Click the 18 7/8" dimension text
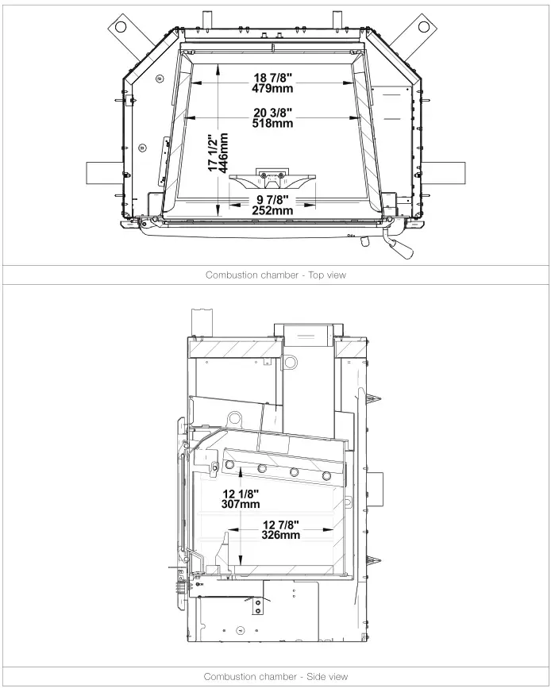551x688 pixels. pos(273,77)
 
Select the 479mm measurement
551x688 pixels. pos(273,88)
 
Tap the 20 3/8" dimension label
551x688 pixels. pos(273,112)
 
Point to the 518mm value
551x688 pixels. pos(273,123)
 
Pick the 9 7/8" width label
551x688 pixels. pos(272,199)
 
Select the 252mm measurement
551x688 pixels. pos(272,210)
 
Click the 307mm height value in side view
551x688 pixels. pos(240,504)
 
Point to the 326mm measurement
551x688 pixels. pos(281,535)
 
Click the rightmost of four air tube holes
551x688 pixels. pos(326,475)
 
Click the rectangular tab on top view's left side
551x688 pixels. pos(101,171)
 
